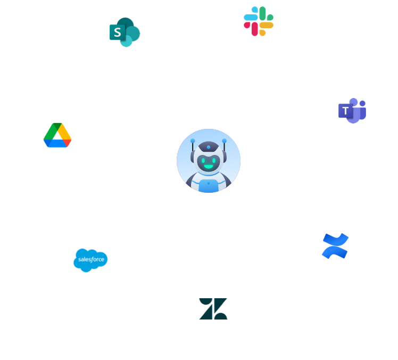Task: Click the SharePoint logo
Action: (x=123, y=32)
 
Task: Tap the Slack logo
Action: (x=259, y=21)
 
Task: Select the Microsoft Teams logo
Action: (x=352, y=110)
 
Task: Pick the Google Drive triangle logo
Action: (x=57, y=135)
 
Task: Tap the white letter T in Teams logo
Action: (x=346, y=111)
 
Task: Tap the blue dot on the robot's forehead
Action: (x=209, y=147)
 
